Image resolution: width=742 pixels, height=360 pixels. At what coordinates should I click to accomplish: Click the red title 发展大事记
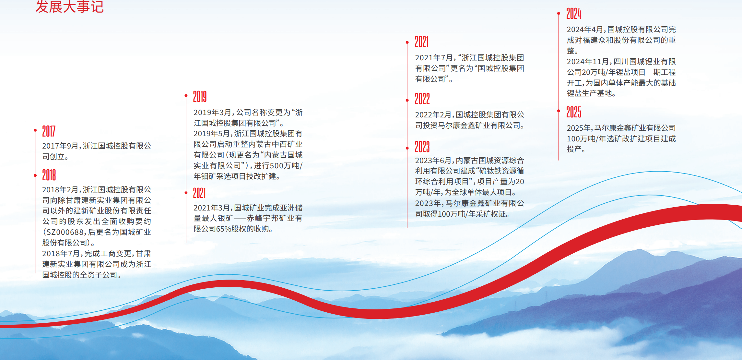coord(70,6)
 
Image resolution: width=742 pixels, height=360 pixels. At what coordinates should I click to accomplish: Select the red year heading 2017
coord(49,131)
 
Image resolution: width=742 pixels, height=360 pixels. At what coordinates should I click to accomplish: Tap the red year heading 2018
coord(49,175)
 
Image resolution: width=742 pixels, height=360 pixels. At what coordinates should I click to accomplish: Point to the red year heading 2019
coord(200,96)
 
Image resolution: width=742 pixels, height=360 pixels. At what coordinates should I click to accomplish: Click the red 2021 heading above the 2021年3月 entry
coord(200,193)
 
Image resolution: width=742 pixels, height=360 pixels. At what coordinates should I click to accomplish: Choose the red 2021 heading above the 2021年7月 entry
coord(422,42)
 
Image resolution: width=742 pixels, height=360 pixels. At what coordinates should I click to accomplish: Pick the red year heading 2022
coord(422,99)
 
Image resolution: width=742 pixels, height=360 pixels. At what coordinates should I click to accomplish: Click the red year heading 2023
coord(422,147)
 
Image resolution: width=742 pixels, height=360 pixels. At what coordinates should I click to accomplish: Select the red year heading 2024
coord(574,13)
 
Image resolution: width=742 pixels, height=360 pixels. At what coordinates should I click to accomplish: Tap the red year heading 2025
coord(574,112)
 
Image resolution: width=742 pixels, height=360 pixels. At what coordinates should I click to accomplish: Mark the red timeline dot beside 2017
coord(35,130)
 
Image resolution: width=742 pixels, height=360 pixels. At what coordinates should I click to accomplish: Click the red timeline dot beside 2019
coord(186,95)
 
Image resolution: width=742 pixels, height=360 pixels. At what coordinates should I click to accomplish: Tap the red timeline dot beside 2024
coord(559,13)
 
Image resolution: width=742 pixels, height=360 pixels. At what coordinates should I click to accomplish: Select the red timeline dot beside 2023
coord(407,148)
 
